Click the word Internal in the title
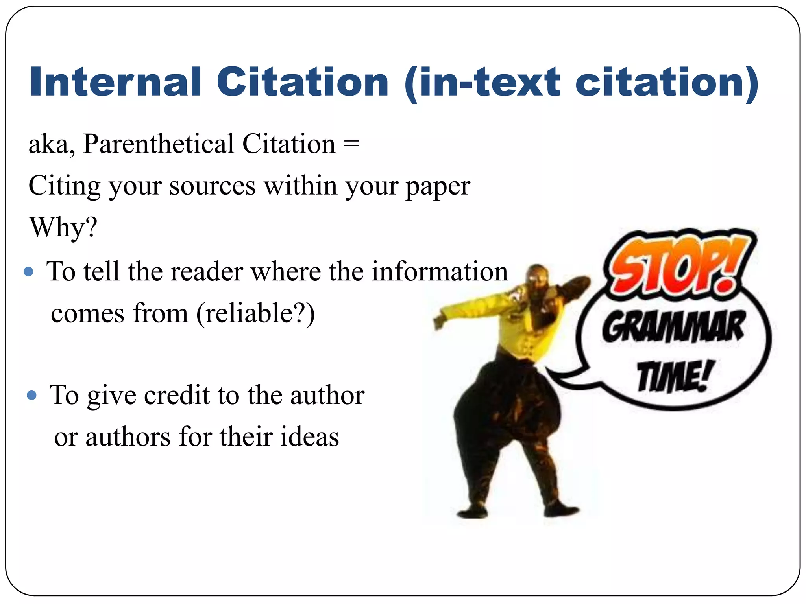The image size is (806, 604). pos(115,82)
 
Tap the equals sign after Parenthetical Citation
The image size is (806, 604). pos(351,144)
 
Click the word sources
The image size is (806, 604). pos(213,186)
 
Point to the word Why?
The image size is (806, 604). pos(63,227)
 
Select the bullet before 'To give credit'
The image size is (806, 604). pos(31,395)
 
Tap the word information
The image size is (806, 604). pos(440,271)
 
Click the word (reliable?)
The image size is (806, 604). pos(256,313)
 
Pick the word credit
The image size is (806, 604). pos(177,395)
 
